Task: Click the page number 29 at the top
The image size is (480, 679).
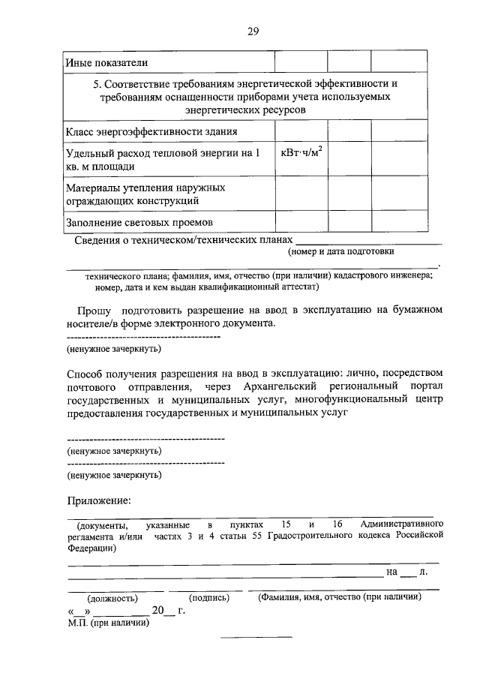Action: [x=253, y=31]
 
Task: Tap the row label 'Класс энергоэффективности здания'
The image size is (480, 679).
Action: [x=152, y=131]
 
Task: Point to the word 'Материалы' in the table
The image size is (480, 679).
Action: [x=94, y=188]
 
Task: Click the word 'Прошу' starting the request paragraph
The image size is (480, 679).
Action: [x=94, y=310]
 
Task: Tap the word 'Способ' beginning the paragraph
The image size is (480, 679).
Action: [x=84, y=373]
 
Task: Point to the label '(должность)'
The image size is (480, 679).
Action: [x=112, y=599]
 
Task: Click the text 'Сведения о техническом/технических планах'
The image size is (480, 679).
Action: [x=182, y=240]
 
